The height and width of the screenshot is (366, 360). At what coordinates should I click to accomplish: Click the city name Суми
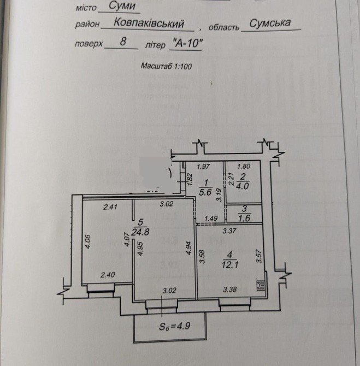[116, 7]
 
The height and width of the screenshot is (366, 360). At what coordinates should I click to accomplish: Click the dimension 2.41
[111, 207]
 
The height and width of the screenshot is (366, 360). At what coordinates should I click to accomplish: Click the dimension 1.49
[210, 219]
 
